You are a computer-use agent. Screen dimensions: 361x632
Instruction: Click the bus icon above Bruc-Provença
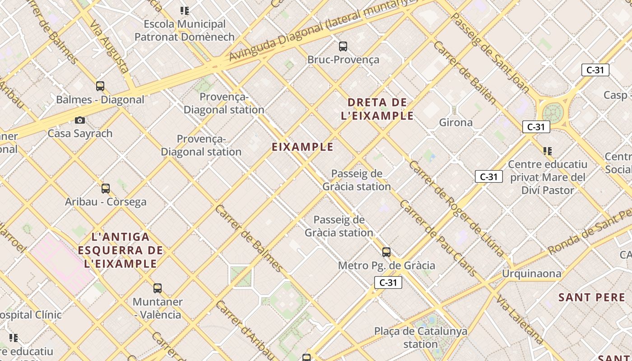(343, 46)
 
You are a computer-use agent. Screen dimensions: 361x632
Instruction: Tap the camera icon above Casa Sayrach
(80, 120)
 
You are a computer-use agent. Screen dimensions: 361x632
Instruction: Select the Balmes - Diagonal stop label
(100, 100)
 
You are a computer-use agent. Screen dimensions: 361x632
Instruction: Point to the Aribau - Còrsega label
(106, 202)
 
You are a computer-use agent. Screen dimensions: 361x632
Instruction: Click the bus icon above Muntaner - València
(158, 288)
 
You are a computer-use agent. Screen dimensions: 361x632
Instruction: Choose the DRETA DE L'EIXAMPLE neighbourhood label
(377, 109)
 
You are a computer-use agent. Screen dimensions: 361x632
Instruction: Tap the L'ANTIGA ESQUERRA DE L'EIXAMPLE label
(121, 250)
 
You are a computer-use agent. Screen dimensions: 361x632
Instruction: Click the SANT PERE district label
(592, 297)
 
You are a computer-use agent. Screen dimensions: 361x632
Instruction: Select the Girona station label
(456, 122)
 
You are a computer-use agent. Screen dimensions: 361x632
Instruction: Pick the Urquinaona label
(532, 273)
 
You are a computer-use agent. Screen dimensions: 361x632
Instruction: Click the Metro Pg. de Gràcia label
(386, 265)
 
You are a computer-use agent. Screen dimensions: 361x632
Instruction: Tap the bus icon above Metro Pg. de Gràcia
(386, 252)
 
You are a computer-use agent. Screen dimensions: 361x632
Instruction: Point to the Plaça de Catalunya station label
(421, 338)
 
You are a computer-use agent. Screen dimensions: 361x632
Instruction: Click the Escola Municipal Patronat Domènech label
(185, 30)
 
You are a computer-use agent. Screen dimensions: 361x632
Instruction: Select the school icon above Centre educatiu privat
(548, 151)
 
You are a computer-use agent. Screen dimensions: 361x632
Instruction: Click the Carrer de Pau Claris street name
(437, 238)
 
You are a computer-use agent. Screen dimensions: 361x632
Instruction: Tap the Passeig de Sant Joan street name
(490, 52)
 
